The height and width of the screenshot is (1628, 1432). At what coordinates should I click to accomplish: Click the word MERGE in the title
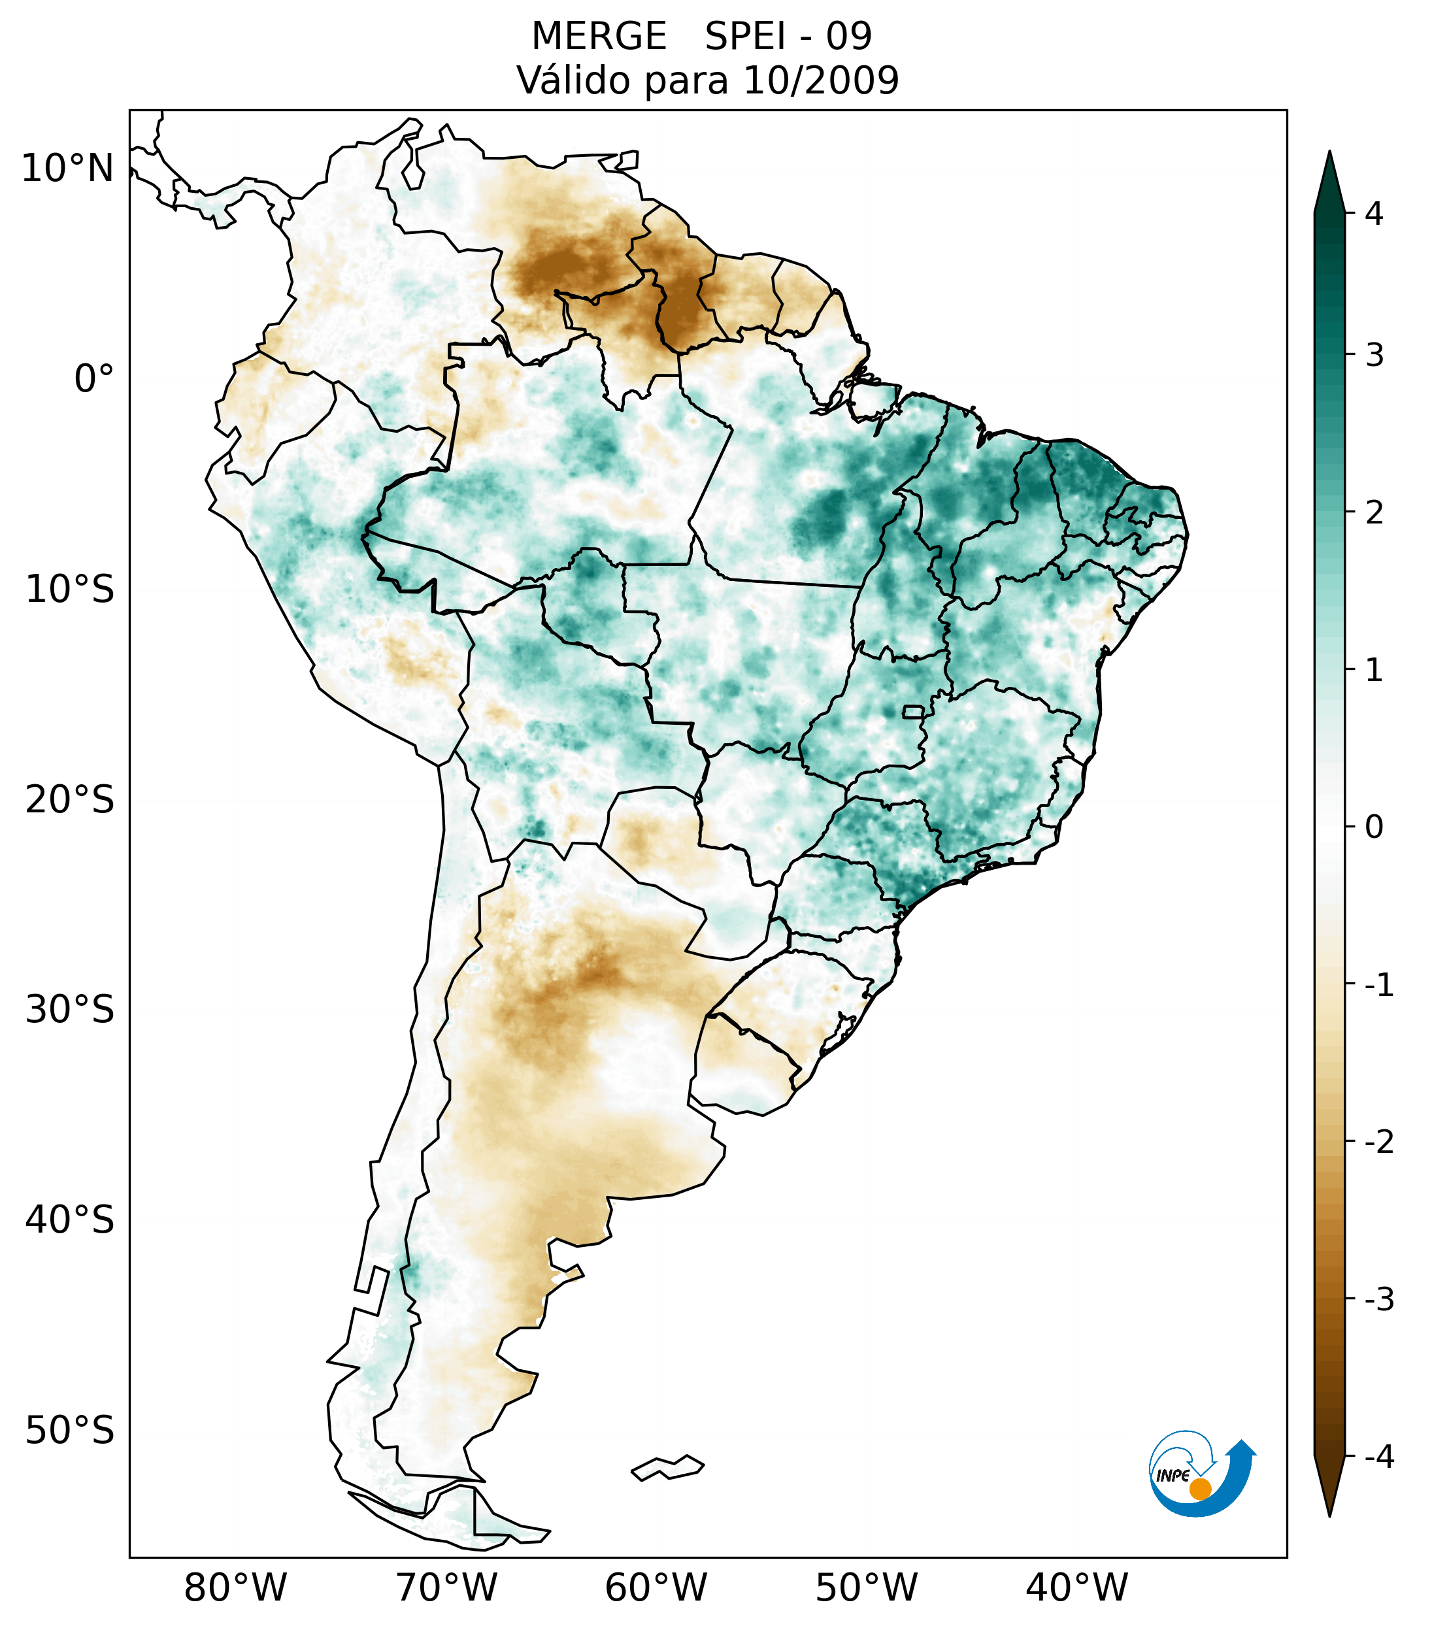tap(598, 37)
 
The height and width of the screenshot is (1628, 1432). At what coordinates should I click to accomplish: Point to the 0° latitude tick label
tap(93, 379)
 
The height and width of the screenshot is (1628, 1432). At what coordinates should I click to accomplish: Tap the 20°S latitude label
tap(70, 800)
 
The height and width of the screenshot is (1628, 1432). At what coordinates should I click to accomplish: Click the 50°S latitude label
tap(70, 1431)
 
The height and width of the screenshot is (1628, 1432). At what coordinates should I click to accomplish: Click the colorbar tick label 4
tap(1374, 214)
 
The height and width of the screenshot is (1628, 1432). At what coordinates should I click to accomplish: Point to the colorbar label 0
tap(1374, 827)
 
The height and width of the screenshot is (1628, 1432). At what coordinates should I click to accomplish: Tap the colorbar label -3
tap(1378, 1299)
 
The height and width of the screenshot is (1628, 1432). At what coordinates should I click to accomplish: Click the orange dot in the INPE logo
tap(1199, 1489)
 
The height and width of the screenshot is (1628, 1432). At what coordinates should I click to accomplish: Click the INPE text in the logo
tap(1173, 1476)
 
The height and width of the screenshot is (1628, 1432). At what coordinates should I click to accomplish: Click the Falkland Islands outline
tap(667, 1467)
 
